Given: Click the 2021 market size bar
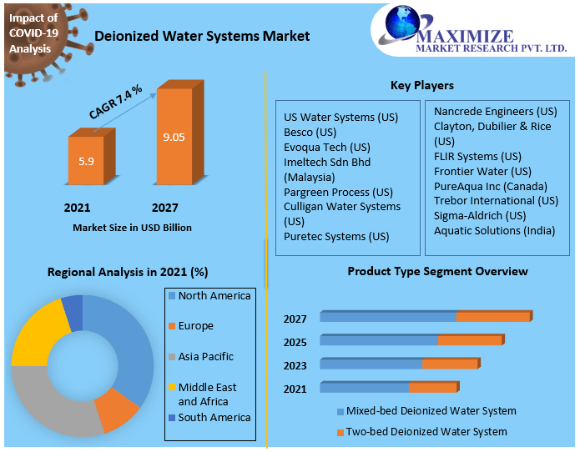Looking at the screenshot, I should tap(86, 160).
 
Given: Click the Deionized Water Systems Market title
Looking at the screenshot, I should tap(202, 36).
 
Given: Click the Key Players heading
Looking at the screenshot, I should tap(422, 85).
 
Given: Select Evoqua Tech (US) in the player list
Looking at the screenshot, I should tap(326, 147).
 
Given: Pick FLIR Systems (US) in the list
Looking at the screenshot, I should tap(477, 156).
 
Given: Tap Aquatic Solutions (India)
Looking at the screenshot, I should tap(494, 230).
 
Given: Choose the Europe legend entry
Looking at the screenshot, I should tap(195, 326).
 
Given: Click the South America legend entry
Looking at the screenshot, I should tap(214, 417).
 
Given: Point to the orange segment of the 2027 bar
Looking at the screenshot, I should tap(492, 317).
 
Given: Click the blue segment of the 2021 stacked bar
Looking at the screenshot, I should tap(364, 388).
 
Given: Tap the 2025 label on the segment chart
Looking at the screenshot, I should tap(295, 342).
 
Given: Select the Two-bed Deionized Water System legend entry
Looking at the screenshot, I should tap(426, 432).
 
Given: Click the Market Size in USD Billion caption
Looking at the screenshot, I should tap(132, 228).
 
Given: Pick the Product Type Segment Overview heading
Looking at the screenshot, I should tap(437, 272).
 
